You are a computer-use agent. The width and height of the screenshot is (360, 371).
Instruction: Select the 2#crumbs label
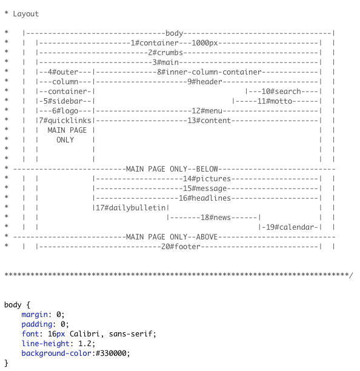(x=167, y=52)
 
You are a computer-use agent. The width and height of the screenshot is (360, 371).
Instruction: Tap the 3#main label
(x=164, y=62)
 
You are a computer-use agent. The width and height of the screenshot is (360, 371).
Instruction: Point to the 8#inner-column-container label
(x=209, y=72)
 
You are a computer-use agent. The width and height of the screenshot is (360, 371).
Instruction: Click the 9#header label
(x=206, y=81)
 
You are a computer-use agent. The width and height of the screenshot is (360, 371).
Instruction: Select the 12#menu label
(x=204, y=110)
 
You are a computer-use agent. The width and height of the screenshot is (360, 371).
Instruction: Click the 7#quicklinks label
(x=63, y=120)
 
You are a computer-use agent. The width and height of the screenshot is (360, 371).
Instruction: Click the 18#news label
(x=213, y=217)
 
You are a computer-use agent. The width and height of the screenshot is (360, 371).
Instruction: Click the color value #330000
(x=110, y=353)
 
